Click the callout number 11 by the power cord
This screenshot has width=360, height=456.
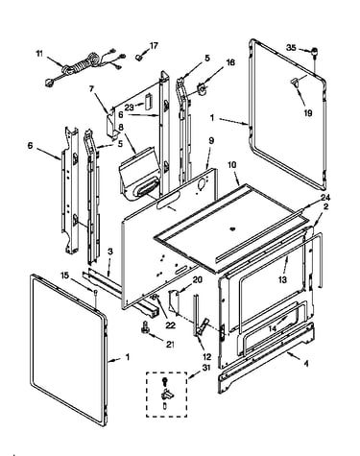pyautogui.click(x=38, y=54)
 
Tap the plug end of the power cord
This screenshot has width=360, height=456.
pyautogui.click(x=49, y=83)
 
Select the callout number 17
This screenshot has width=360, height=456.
pyautogui.click(x=154, y=46)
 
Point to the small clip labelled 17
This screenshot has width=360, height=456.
pyautogui.click(x=139, y=58)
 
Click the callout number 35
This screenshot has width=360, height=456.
pyautogui.click(x=291, y=48)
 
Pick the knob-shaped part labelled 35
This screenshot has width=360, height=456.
pyautogui.click(x=315, y=52)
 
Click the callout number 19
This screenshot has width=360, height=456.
pyautogui.click(x=308, y=113)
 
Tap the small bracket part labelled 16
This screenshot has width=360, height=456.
pyautogui.click(x=202, y=87)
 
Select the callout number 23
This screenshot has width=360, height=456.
pyautogui.click(x=130, y=108)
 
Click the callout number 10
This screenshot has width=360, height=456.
pyautogui.click(x=232, y=165)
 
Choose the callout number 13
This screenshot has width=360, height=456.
pyautogui.click(x=282, y=279)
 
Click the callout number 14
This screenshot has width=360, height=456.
pyautogui.click(x=273, y=328)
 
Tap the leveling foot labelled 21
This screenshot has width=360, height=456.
pyautogui.click(x=145, y=328)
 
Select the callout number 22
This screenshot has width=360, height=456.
pyautogui.click(x=171, y=325)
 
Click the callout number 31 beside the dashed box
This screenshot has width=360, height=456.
pyautogui.click(x=206, y=368)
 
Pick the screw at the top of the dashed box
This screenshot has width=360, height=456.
pyautogui.click(x=165, y=382)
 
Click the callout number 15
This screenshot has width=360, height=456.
pyautogui.click(x=64, y=275)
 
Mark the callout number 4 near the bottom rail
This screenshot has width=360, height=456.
pyautogui.click(x=306, y=364)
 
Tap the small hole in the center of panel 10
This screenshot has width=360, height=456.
pyautogui.click(x=232, y=228)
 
